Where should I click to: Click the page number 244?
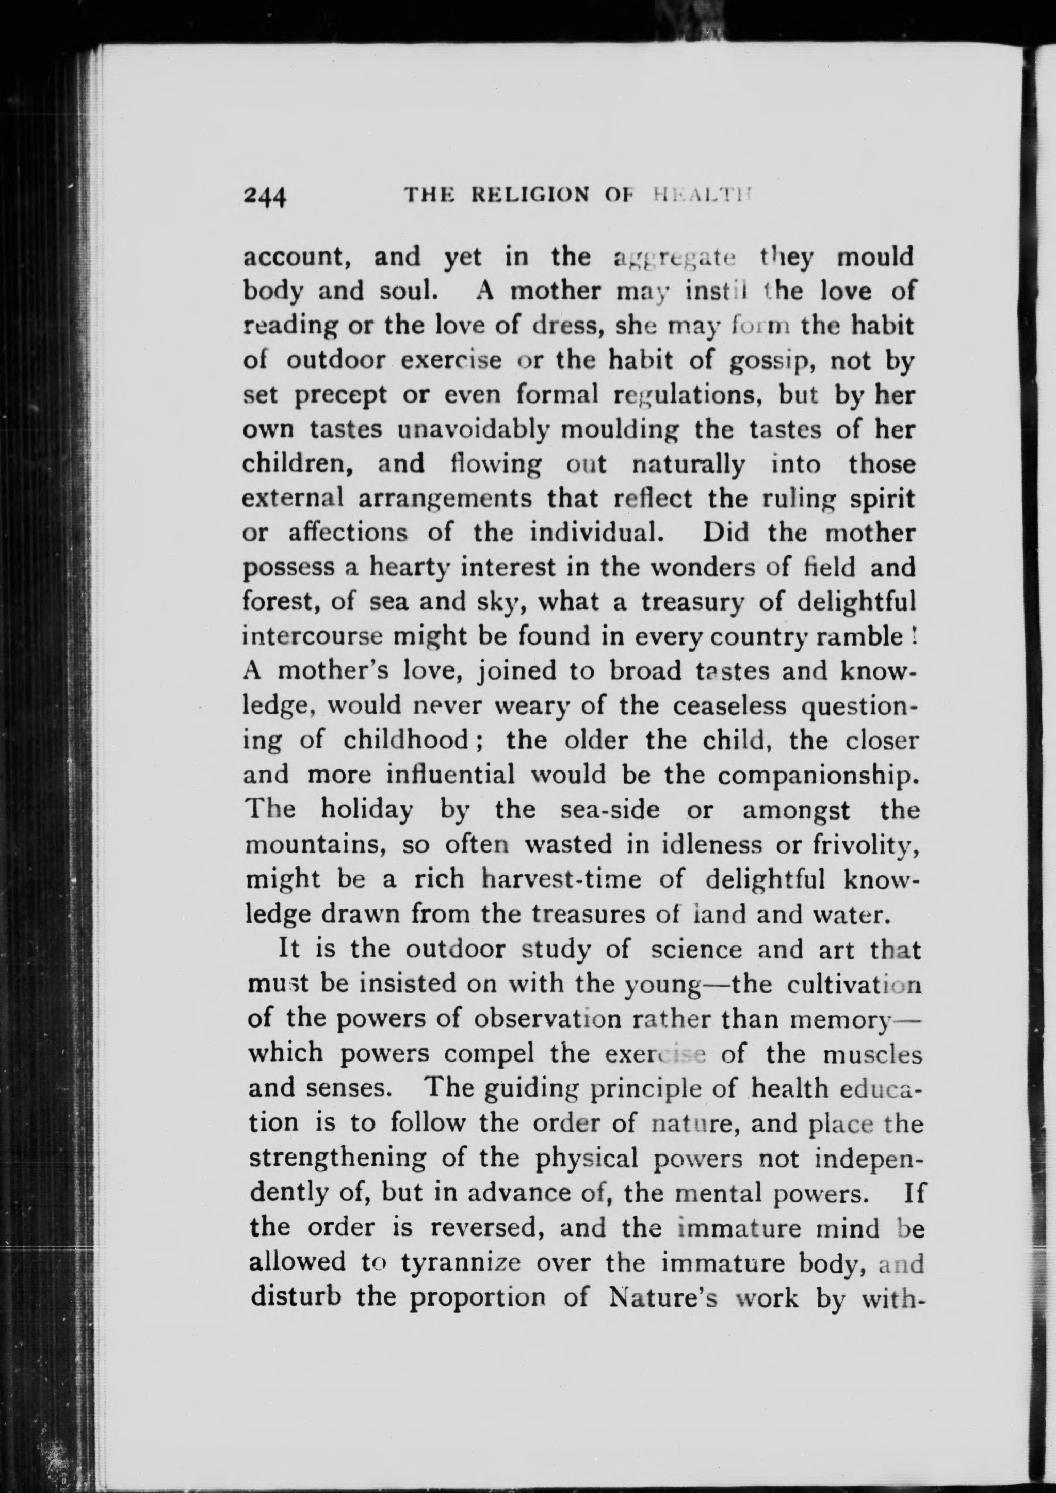(265, 196)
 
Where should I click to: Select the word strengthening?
(337, 1158)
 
